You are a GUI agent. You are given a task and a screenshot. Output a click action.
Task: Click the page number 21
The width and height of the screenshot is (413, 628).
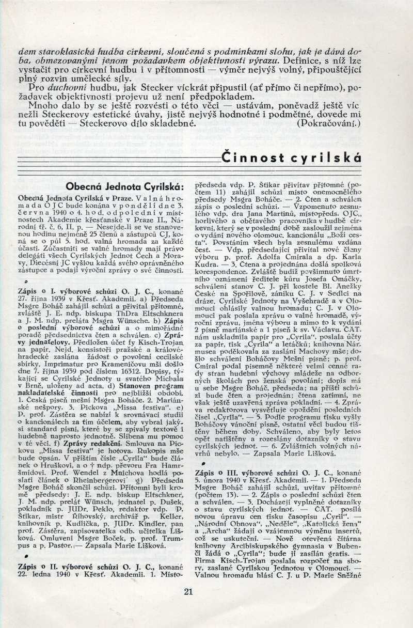188,592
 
